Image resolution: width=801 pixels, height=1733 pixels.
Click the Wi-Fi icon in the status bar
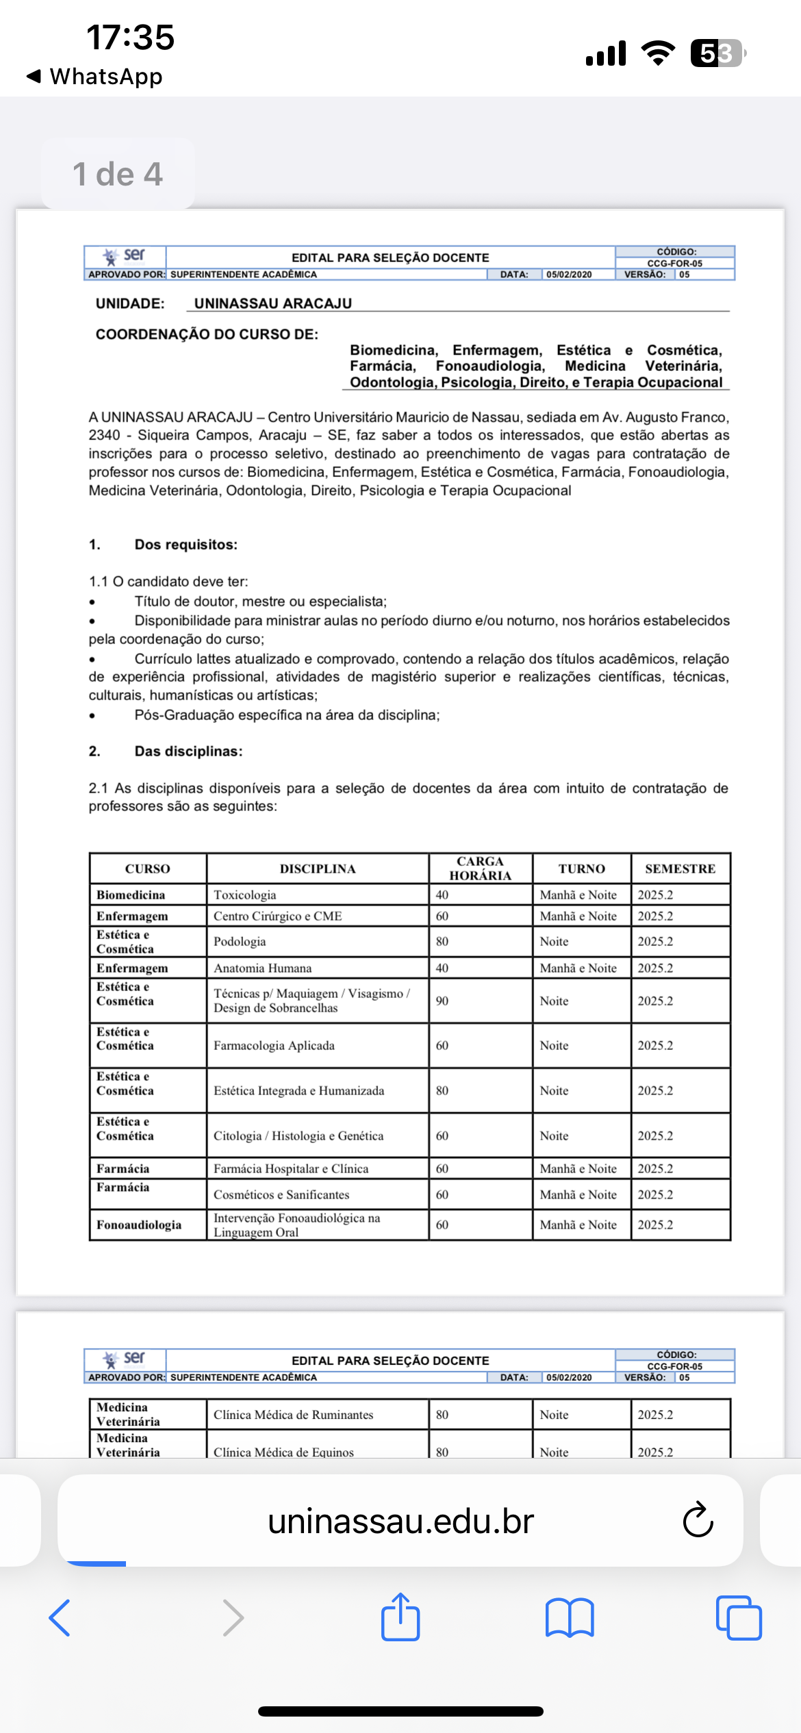(x=658, y=53)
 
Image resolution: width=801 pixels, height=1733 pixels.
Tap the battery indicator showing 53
(x=717, y=53)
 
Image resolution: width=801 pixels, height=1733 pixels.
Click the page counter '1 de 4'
(x=118, y=174)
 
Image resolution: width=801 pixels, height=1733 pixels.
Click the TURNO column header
(x=581, y=869)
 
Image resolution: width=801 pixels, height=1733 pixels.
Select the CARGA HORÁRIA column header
(x=480, y=869)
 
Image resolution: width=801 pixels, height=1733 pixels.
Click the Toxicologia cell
(x=245, y=895)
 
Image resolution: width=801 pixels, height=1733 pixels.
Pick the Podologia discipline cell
(x=240, y=941)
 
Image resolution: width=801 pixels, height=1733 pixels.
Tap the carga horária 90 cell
(x=442, y=1001)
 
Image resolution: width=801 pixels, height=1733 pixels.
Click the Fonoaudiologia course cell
(x=139, y=1224)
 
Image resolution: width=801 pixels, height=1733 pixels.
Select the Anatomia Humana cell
(x=262, y=968)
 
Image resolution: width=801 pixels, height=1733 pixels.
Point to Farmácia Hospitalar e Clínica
(x=291, y=1168)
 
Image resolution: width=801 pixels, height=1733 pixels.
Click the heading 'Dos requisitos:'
(x=186, y=545)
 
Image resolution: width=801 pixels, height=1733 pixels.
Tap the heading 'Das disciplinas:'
(x=188, y=752)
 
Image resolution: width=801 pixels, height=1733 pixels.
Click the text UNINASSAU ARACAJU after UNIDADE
(x=273, y=303)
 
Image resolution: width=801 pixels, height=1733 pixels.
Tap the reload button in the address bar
(x=698, y=1520)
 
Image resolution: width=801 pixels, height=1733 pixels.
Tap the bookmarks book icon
(x=570, y=1618)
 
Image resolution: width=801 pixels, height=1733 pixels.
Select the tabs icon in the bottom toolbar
(x=739, y=1618)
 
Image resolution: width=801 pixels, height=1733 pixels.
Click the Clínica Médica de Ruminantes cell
(x=293, y=1415)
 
